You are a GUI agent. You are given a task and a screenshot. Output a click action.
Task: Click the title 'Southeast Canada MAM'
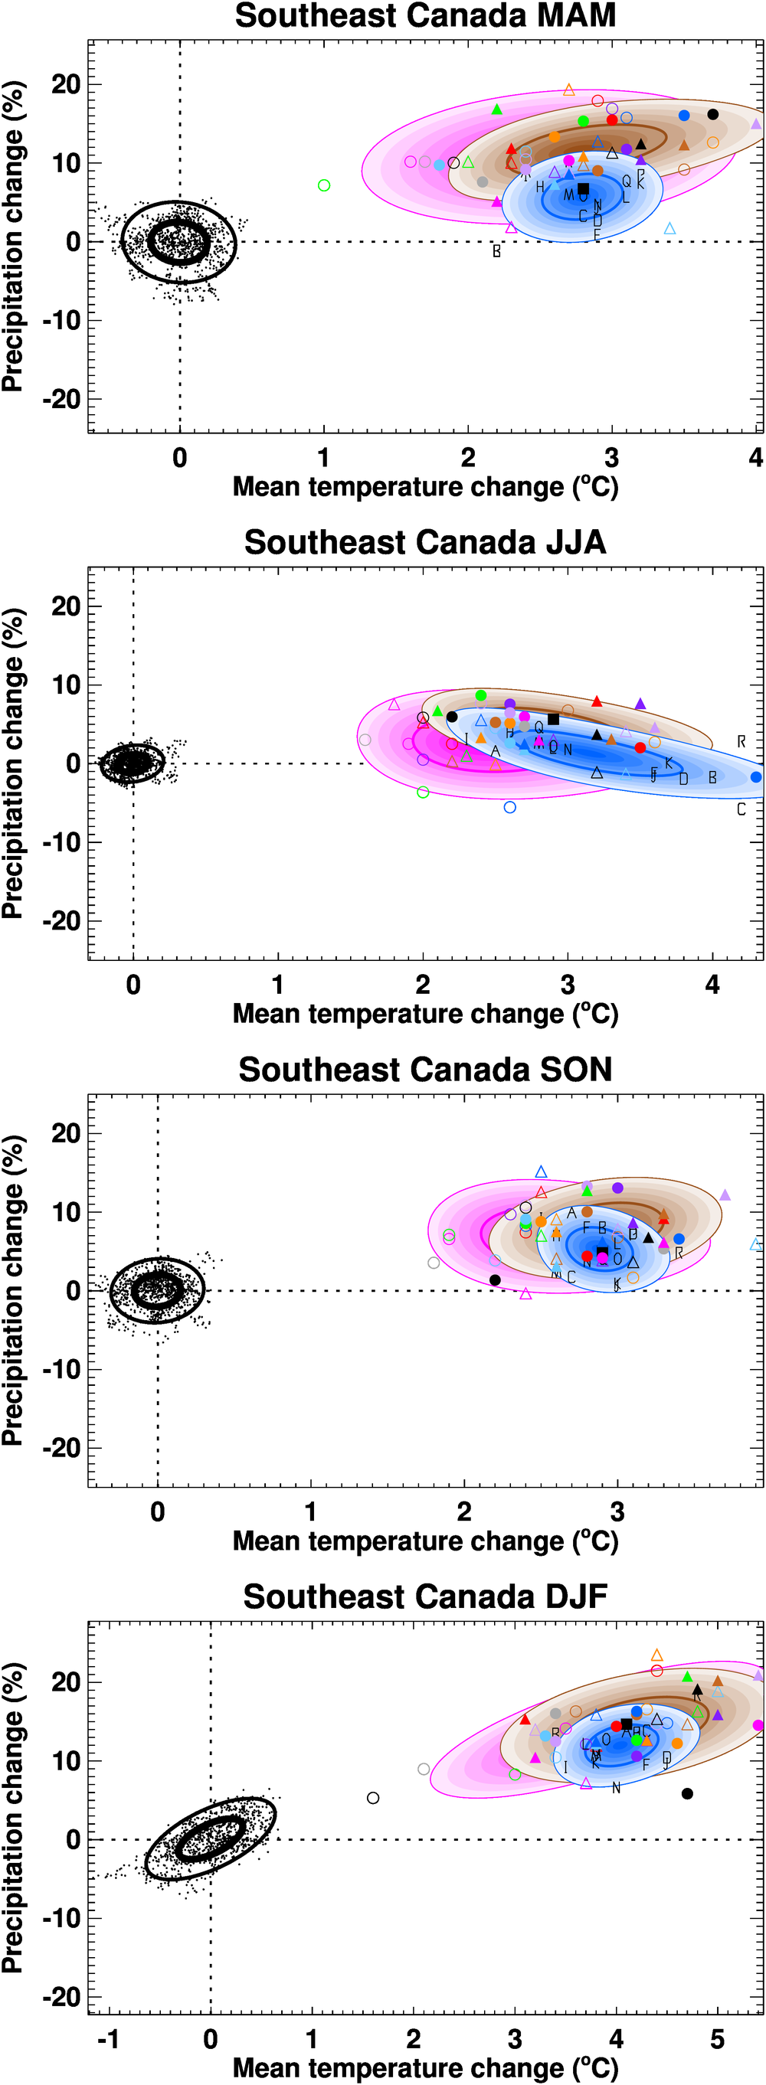[425, 16]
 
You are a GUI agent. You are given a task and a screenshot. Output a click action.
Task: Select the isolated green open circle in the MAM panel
[324, 185]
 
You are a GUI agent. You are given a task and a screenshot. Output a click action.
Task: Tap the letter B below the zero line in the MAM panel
[496, 252]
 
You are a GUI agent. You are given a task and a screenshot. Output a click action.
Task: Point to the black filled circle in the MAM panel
[712, 114]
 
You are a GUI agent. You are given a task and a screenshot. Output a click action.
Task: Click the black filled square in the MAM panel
[583, 188]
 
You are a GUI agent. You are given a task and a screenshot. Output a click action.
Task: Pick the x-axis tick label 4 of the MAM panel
[755, 458]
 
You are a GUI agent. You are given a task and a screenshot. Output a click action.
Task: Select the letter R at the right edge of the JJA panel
[741, 741]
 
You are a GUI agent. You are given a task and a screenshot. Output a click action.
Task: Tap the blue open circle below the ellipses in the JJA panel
[509, 807]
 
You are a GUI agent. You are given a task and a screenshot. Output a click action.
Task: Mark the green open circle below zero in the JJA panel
[423, 792]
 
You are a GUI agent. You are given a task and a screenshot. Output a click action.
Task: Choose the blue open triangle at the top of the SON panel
[541, 1172]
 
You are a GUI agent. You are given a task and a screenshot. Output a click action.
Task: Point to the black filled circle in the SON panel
[495, 1279]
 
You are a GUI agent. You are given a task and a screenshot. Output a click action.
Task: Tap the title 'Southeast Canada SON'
[425, 1070]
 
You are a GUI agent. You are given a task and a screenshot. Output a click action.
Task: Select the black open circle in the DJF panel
[373, 1798]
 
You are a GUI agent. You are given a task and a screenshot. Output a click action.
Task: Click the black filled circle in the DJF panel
[687, 1793]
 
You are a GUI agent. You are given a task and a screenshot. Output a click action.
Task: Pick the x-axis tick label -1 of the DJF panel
[109, 2039]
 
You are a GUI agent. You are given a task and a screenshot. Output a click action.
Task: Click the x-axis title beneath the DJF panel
[425, 2068]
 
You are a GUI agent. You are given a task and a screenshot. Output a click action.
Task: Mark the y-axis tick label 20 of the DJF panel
[67, 1682]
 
